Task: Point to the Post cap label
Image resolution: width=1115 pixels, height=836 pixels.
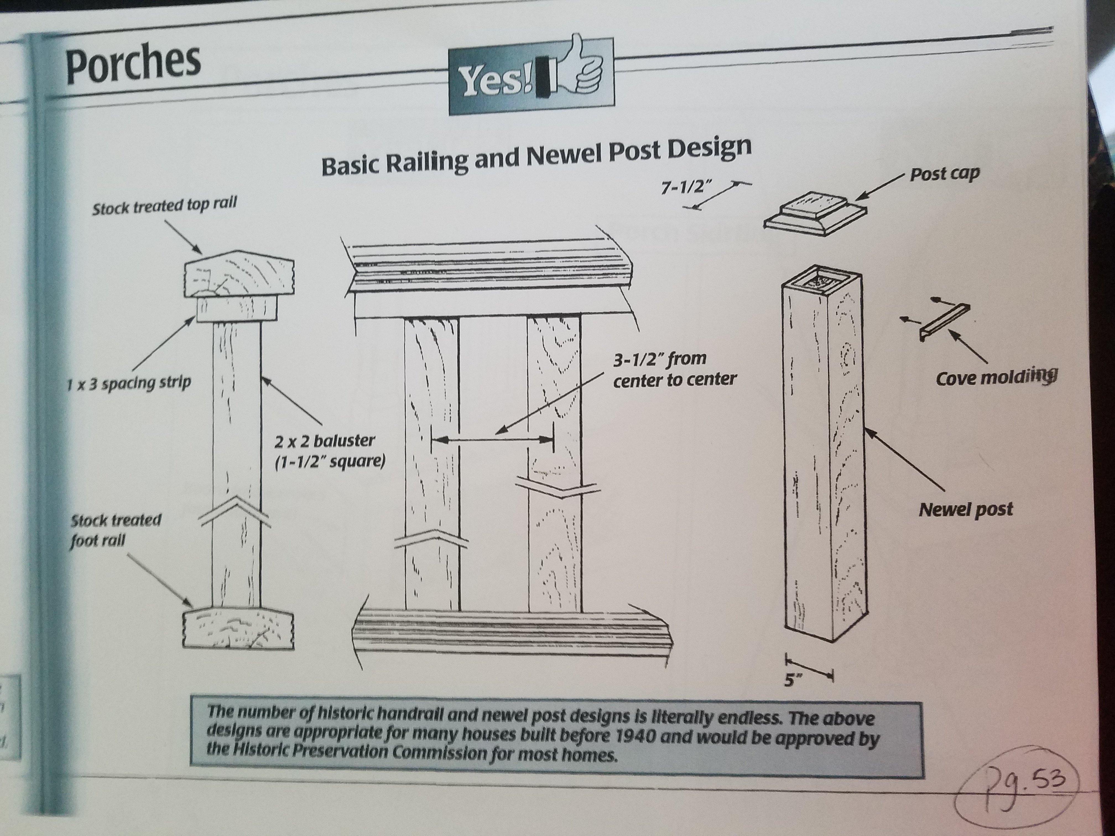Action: [x=944, y=173]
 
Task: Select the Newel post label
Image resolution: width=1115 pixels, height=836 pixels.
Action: [x=965, y=509]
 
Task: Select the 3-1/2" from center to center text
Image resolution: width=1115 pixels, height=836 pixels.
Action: [x=674, y=368]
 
